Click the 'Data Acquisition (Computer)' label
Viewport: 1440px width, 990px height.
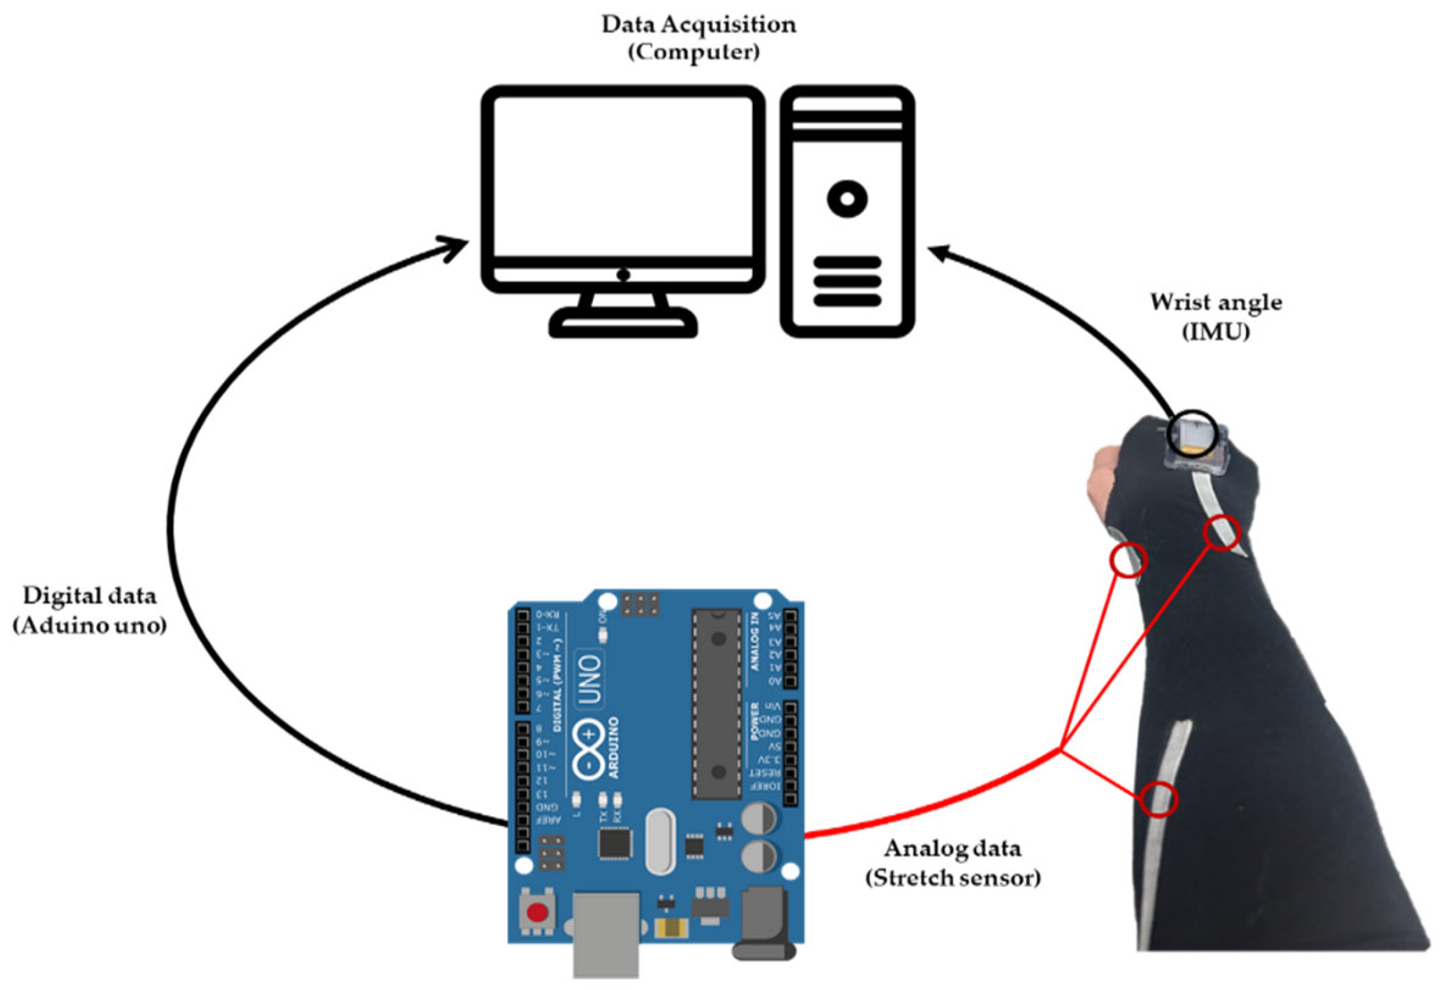click(697, 38)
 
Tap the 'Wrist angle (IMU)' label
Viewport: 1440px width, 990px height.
click(1215, 316)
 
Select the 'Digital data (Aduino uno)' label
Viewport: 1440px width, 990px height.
click(90, 610)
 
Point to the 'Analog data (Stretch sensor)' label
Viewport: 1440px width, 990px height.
click(952, 863)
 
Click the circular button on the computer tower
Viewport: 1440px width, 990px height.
click(846, 199)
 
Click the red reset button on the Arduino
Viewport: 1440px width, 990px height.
click(537, 912)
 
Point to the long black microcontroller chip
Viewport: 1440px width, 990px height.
click(717, 703)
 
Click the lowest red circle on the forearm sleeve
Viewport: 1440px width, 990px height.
click(1158, 799)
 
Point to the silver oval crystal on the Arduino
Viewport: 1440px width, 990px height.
click(660, 841)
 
